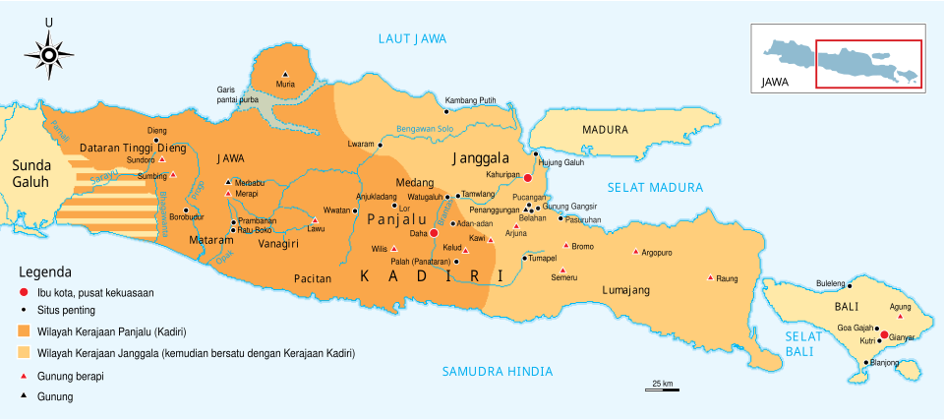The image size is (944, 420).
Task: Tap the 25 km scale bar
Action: pyautogui.click(x=662, y=390)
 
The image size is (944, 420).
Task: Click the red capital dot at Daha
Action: pyautogui.click(x=434, y=234)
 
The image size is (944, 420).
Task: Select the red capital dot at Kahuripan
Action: pyautogui.click(x=528, y=178)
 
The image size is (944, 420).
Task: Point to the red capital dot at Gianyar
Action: pyautogui.click(x=884, y=335)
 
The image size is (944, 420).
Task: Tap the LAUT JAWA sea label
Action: pyautogui.click(x=413, y=38)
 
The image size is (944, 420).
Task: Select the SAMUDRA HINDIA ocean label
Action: pyautogui.click(x=497, y=371)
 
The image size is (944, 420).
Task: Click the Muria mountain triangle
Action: pyautogui.click(x=285, y=75)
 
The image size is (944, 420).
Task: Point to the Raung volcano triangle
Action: pyautogui.click(x=710, y=277)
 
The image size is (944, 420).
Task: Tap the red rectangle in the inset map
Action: pyautogui.click(x=868, y=65)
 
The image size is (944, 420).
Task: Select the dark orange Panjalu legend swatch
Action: pyautogui.click(x=24, y=330)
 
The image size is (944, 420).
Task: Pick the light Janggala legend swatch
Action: pyautogui.click(x=24, y=352)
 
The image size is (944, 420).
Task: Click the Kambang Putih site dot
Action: pyautogui.click(x=440, y=110)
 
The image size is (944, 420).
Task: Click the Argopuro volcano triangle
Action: pyautogui.click(x=636, y=252)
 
